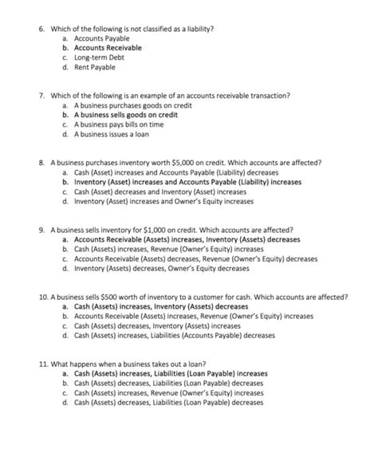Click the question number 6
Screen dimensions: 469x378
[x=41, y=29]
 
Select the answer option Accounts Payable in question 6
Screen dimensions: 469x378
[x=101, y=38]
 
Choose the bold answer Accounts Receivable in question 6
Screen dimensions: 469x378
[x=108, y=48]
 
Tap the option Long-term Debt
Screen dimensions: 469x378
[x=99, y=57]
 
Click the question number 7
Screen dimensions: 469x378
[x=41, y=95]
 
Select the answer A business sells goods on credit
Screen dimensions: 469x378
[x=125, y=114]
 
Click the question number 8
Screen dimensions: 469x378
[x=41, y=162]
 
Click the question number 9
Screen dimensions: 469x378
[x=41, y=228]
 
